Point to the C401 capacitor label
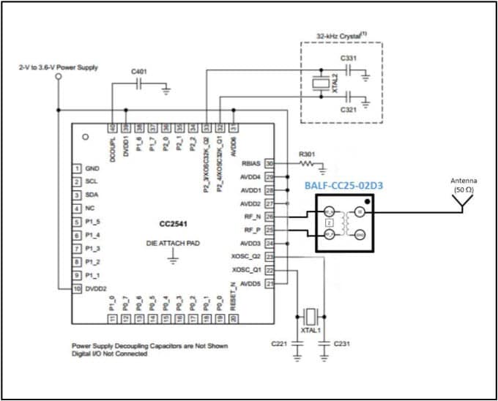(138, 72)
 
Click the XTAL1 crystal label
(311, 331)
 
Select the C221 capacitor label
(279, 342)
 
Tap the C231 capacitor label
(342, 342)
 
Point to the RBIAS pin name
(250, 164)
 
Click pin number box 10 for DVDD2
(75, 288)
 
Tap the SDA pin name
(92, 195)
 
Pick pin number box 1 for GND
(75, 168)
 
